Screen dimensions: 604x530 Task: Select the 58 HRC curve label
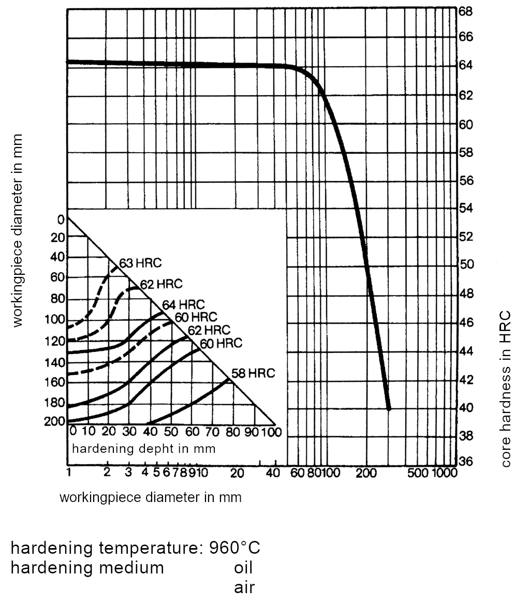(254, 373)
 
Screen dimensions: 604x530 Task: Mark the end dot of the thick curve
(389, 408)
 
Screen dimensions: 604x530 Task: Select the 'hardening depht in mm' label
(143, 449)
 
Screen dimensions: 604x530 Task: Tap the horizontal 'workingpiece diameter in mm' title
(151, 497)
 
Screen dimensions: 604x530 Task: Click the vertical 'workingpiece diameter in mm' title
(18, 236)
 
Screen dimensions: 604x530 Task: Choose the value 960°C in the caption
(234, 548)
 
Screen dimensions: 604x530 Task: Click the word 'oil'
(243, 568)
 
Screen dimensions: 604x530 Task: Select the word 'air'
(244, 588)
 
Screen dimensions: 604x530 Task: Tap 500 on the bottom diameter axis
(418, 473)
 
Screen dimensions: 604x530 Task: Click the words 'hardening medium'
(87, 568)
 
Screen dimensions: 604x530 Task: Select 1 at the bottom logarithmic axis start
(68, 473)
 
